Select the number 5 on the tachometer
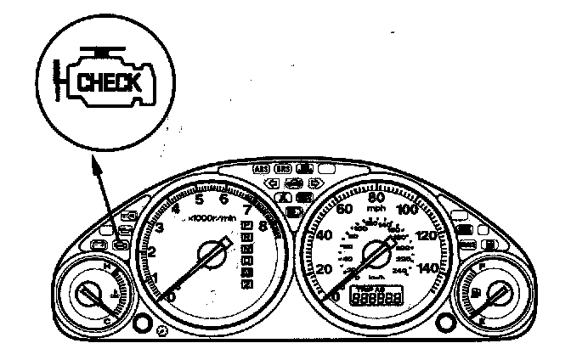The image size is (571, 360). pos(200,200)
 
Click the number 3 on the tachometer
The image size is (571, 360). pos(159,227)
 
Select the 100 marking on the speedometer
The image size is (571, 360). pos(406,208)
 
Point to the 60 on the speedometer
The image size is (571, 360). pos(345,207)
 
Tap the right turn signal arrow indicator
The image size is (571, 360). pos(314,182)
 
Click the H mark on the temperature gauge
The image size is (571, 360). pos(105,268)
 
